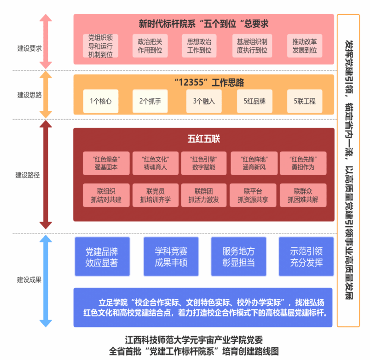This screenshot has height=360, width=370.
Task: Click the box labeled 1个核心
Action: coord(101,101)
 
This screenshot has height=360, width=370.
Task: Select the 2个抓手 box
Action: coord(150,101)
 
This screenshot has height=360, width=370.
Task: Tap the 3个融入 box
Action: coord(204,101)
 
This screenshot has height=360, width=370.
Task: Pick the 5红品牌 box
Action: coord(254,101)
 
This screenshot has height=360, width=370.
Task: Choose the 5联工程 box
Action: coord(305,101)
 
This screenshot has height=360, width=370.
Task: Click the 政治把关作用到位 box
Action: coord(150,46)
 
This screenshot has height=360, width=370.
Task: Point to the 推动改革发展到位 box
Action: coord(305,46)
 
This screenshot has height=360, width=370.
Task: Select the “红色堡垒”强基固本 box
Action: coord(106,163)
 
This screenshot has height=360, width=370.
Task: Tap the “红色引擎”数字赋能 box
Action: coord(204,163)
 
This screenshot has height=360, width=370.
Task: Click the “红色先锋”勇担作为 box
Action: coord(303,163)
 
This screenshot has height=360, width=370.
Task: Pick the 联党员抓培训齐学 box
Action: coord(156,195)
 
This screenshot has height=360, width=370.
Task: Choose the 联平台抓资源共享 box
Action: coord(253,195)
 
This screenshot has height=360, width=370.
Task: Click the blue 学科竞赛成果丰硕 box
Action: coord(171,257)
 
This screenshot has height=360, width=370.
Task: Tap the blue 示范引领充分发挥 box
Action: coord(306,257)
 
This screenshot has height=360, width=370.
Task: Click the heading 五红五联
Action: coord(204,139)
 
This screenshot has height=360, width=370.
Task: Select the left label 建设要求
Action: coord(29,48)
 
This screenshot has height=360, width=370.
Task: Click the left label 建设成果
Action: coord(29,280)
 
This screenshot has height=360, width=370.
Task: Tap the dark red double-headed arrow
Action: coord(46,175)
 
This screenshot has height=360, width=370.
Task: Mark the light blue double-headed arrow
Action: coord(46,281)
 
